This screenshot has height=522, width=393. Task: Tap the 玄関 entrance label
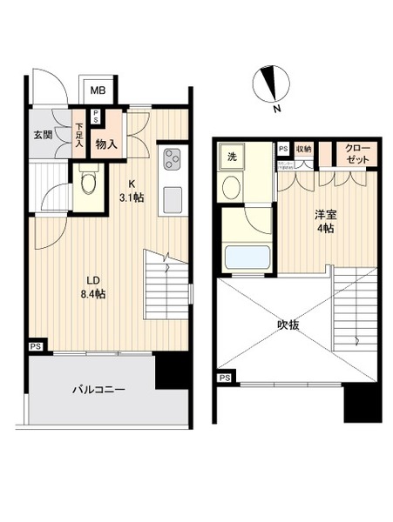[x=43, y=135]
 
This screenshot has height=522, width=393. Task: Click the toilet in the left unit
[x=86, y=184]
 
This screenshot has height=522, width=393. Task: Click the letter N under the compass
[x=276, y=110]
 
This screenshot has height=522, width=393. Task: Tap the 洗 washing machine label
[x=232, y=157]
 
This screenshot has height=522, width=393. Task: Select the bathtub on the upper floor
[x=247, y=258]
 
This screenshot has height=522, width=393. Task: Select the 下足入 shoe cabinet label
[x=79, y=136]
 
